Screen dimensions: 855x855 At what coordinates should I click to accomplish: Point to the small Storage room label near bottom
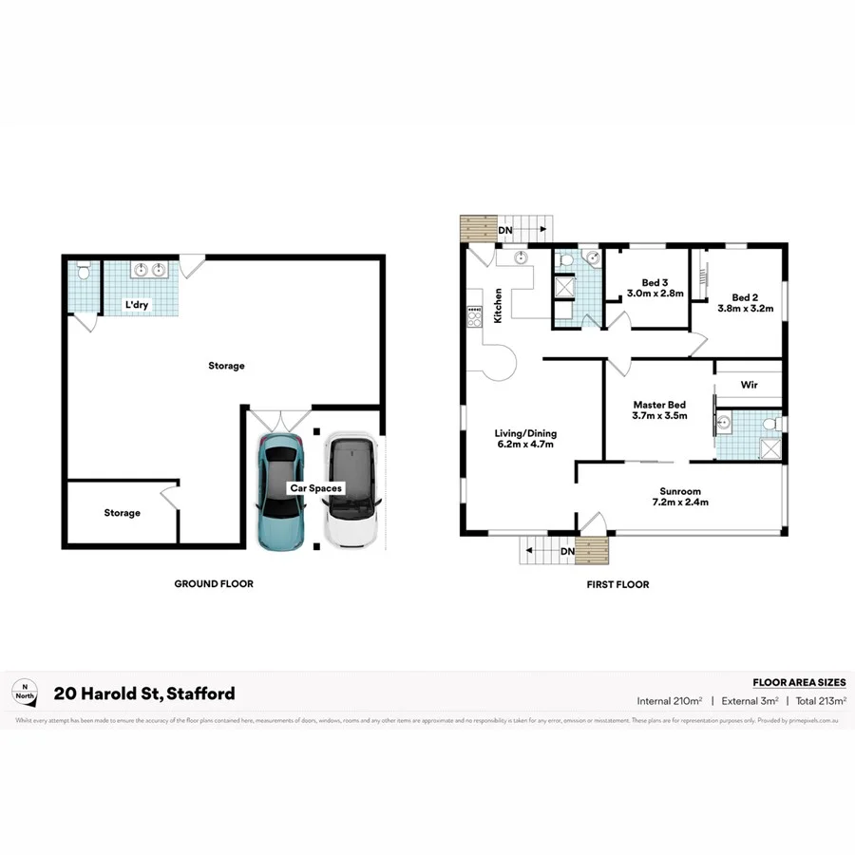tap(122, 513)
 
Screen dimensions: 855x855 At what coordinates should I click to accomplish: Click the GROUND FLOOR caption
tap(214, 583)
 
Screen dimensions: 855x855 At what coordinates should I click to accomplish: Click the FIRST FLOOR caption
tap(617, 584)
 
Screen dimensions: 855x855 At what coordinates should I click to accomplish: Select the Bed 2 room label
tap(746, 296)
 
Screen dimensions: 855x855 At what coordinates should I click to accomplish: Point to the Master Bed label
tap(659, 405)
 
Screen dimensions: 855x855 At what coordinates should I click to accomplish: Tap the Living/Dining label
tap(524, 433)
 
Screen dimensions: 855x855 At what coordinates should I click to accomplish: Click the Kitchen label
tap(497, 307)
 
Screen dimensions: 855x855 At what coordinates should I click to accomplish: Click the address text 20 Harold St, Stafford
tap(144, 693)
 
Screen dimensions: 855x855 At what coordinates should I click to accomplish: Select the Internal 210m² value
tap(669, 701)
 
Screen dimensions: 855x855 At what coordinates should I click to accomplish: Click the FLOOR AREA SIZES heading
tap(798, 682)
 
